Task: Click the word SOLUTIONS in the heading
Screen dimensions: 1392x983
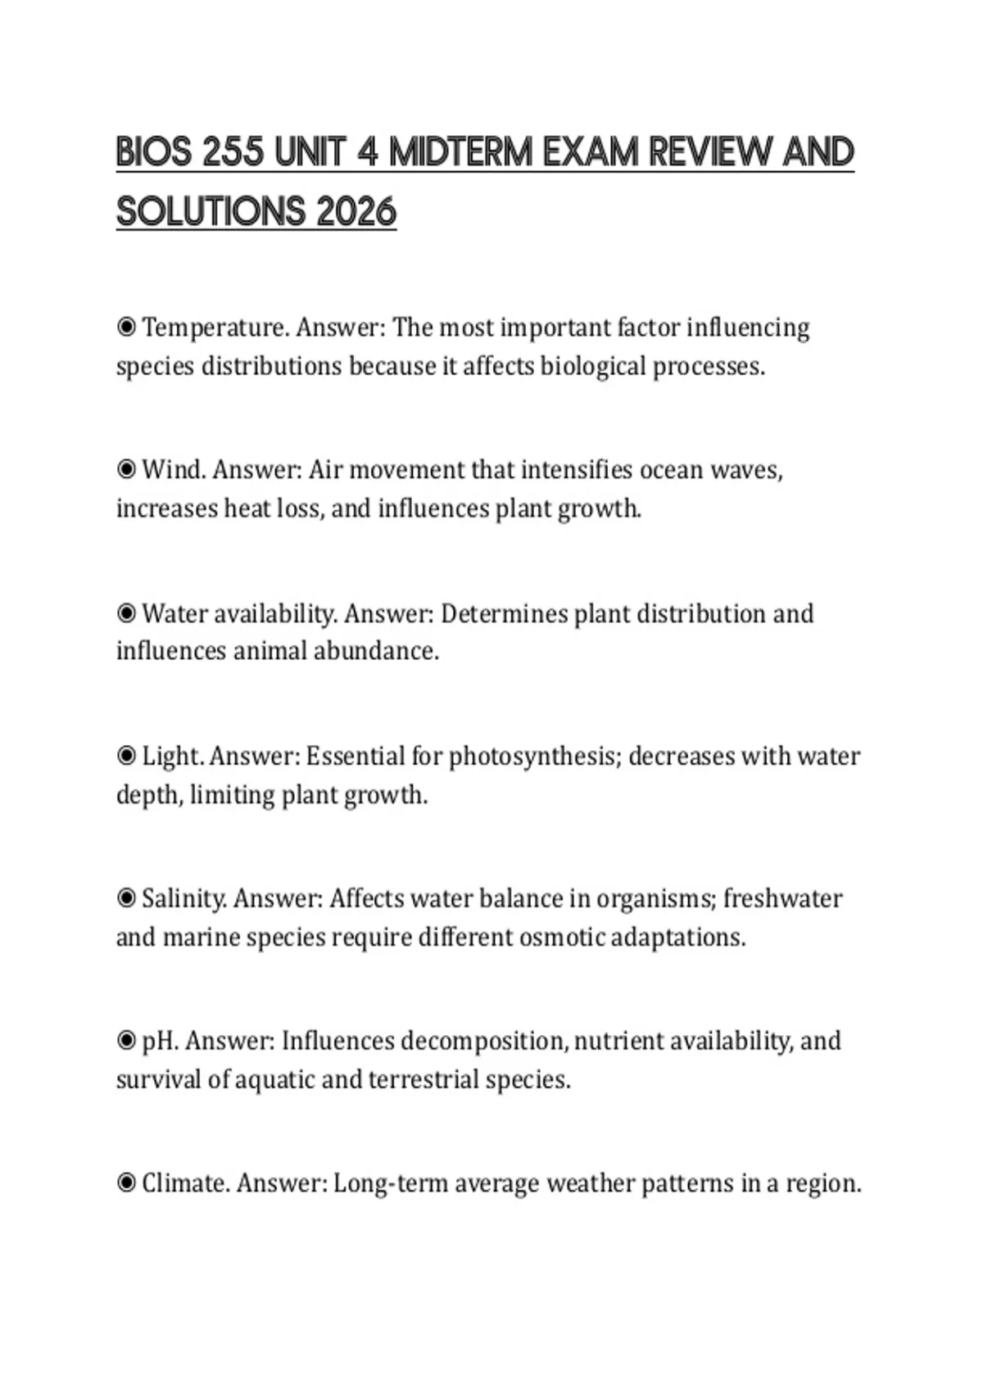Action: click(x=208, y=213)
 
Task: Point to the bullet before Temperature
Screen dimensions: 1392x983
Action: click(x=126, y=328)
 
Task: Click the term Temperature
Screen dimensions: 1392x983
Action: click(x=215, y=328)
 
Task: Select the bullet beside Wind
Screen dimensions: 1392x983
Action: click(x=126, y=470)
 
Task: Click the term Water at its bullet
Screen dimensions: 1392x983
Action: click(x=170, y=613)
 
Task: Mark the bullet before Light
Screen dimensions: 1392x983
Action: click(x=126, y=756)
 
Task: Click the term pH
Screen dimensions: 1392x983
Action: click(x=160, y=1041)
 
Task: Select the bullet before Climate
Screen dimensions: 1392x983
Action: click(x=126, y=1183)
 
